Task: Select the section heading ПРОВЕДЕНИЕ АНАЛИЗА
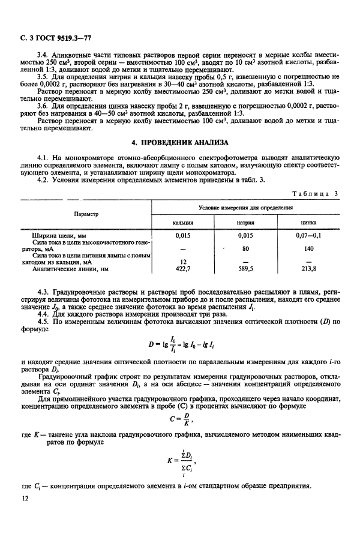click(180, 142)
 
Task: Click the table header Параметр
click(86, 214)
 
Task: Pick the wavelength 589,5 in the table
click(245, 268)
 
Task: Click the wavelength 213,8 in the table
click(309, 268)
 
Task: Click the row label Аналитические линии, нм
click(70, 268)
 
